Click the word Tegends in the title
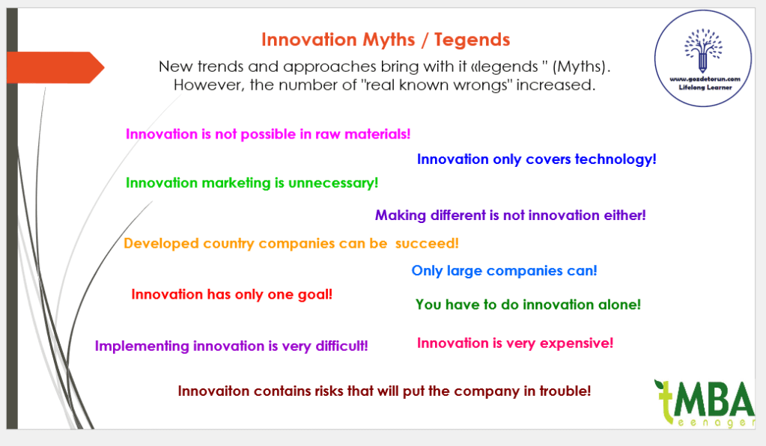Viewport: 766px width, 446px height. (472, 40)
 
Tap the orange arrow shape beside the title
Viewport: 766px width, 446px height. (55, 67)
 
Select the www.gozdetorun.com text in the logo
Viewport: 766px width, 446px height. (705, 79)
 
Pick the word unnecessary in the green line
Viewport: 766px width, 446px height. (333, 183)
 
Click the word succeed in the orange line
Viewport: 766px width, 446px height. (427, 243)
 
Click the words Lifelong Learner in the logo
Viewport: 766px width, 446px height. (705, 88)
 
